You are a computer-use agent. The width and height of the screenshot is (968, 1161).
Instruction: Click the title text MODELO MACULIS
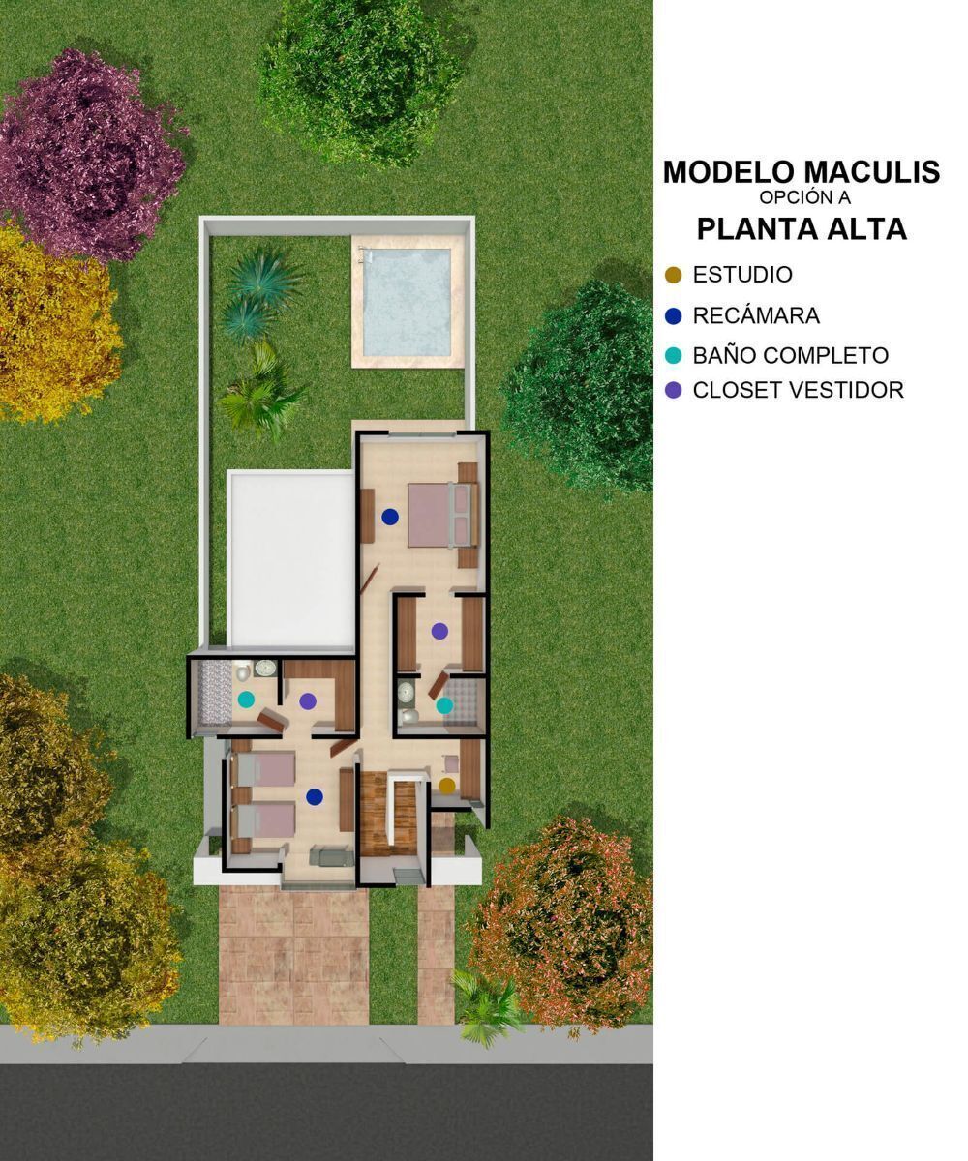[802, 172]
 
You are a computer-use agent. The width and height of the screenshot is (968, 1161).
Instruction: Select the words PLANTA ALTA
[802, 228]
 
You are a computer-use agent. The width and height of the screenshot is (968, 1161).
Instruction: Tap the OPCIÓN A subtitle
[805, 197]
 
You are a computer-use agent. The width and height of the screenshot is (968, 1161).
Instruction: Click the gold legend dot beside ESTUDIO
[673, 275]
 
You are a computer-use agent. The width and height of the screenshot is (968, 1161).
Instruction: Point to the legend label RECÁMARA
[756, 315]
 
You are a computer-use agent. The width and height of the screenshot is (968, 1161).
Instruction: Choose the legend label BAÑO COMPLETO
[791, 355]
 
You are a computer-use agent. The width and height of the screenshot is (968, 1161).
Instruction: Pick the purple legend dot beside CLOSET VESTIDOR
[673, 390]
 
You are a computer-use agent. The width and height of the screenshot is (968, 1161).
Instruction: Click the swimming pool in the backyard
[408, 303]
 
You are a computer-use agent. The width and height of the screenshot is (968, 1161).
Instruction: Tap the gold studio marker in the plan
[446, 785]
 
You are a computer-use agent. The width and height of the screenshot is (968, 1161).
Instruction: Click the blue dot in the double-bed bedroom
[390, 517]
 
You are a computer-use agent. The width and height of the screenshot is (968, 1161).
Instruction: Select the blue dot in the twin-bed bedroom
[315, 797]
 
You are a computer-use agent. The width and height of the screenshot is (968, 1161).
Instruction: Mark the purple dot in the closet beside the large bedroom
[439, 631]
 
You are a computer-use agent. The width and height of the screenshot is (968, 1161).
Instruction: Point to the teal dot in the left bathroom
[246, 700]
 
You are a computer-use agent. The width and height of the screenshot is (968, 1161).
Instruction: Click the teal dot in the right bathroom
[444, 705]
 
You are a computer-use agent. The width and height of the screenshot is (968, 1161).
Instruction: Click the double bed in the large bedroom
[441, 516]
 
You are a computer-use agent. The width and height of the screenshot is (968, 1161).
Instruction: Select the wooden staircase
[388, 815]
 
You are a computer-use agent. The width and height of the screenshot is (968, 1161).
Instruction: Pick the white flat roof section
[290, 559]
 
